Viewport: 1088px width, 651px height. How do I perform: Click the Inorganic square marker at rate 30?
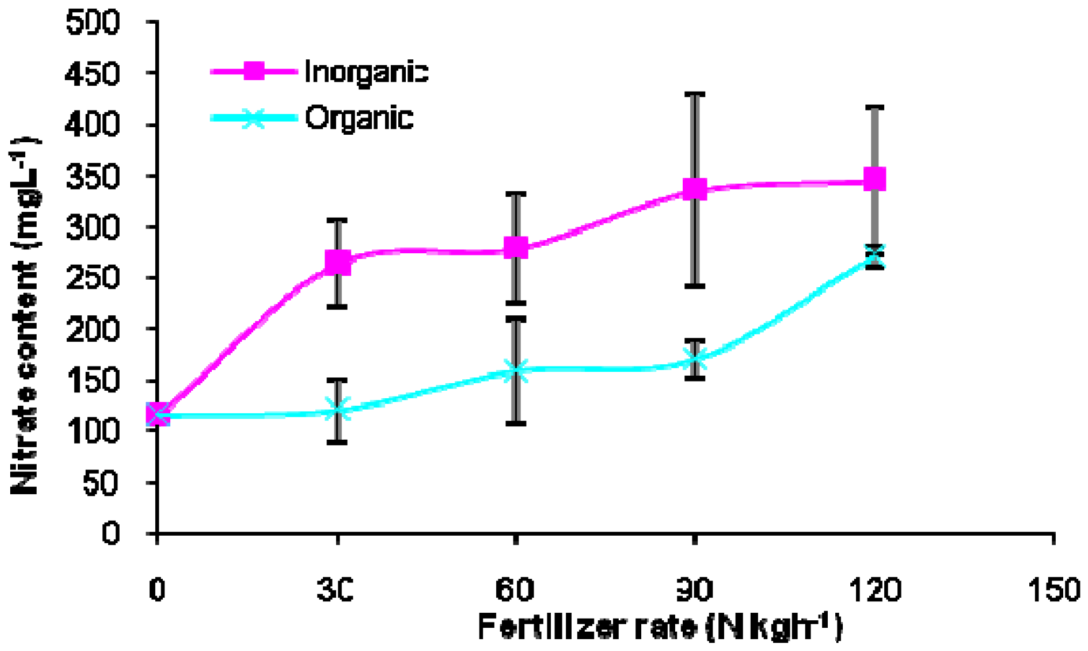338,262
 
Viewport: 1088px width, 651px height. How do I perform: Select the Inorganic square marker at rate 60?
516,248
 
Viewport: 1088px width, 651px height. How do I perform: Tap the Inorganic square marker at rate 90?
695,189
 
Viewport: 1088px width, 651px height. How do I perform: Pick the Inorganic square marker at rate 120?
874,179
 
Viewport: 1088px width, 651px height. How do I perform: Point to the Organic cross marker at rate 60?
516,371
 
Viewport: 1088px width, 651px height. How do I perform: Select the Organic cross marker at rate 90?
695,359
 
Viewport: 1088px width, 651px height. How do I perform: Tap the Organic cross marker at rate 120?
874,257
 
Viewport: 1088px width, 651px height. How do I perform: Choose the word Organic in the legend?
359,118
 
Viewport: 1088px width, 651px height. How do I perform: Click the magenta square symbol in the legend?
254,71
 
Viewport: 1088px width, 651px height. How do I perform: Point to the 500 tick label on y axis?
92,23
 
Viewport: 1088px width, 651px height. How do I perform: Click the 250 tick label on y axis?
92,279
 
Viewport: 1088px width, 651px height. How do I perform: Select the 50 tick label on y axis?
101,483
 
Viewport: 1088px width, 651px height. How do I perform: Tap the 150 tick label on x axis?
1054,590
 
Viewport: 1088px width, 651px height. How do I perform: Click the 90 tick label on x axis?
695,590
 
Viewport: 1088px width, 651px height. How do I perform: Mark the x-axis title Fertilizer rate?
660,627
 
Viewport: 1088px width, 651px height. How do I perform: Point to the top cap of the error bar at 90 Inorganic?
695,94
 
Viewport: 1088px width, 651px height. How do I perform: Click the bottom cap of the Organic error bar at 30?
337,442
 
